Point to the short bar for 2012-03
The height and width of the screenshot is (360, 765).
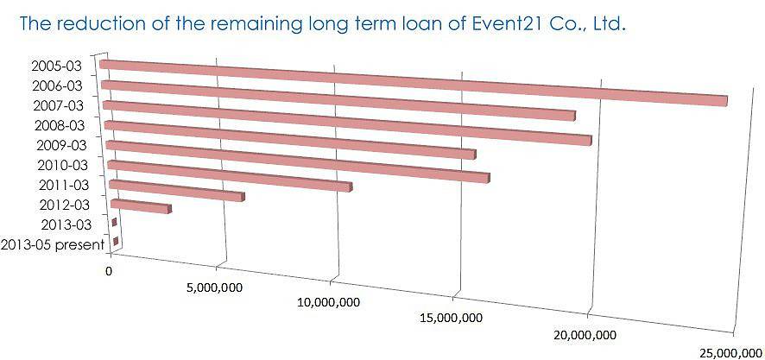pos(141,206)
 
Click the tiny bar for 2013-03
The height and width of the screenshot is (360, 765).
pos(115,224)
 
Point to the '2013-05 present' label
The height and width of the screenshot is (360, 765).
pos(53,244)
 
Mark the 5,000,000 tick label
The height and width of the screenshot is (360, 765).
pos(213,287)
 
